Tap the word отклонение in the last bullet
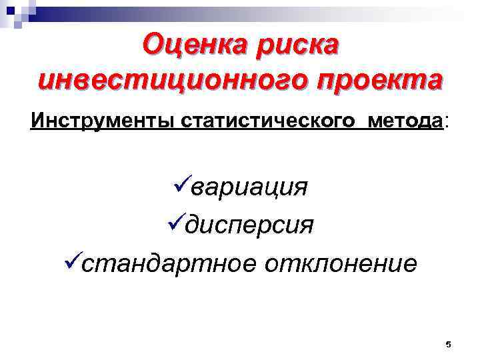pyautogui.click(x=342, y=264)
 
